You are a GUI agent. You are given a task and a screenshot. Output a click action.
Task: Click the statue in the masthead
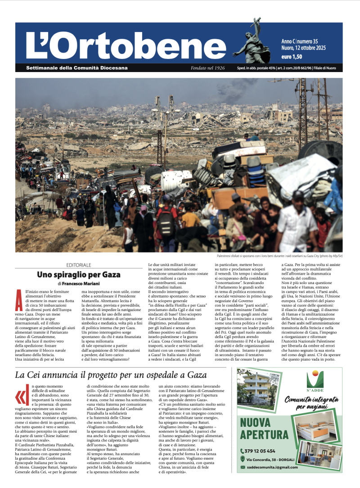pyautogui.click(x=252, y=43)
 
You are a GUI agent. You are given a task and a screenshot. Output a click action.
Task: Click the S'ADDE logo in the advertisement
pyautogui.click(x=315, y=382)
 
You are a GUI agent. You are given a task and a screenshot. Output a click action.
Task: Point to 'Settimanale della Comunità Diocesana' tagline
pyautogui.click(x=77, y=68)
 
